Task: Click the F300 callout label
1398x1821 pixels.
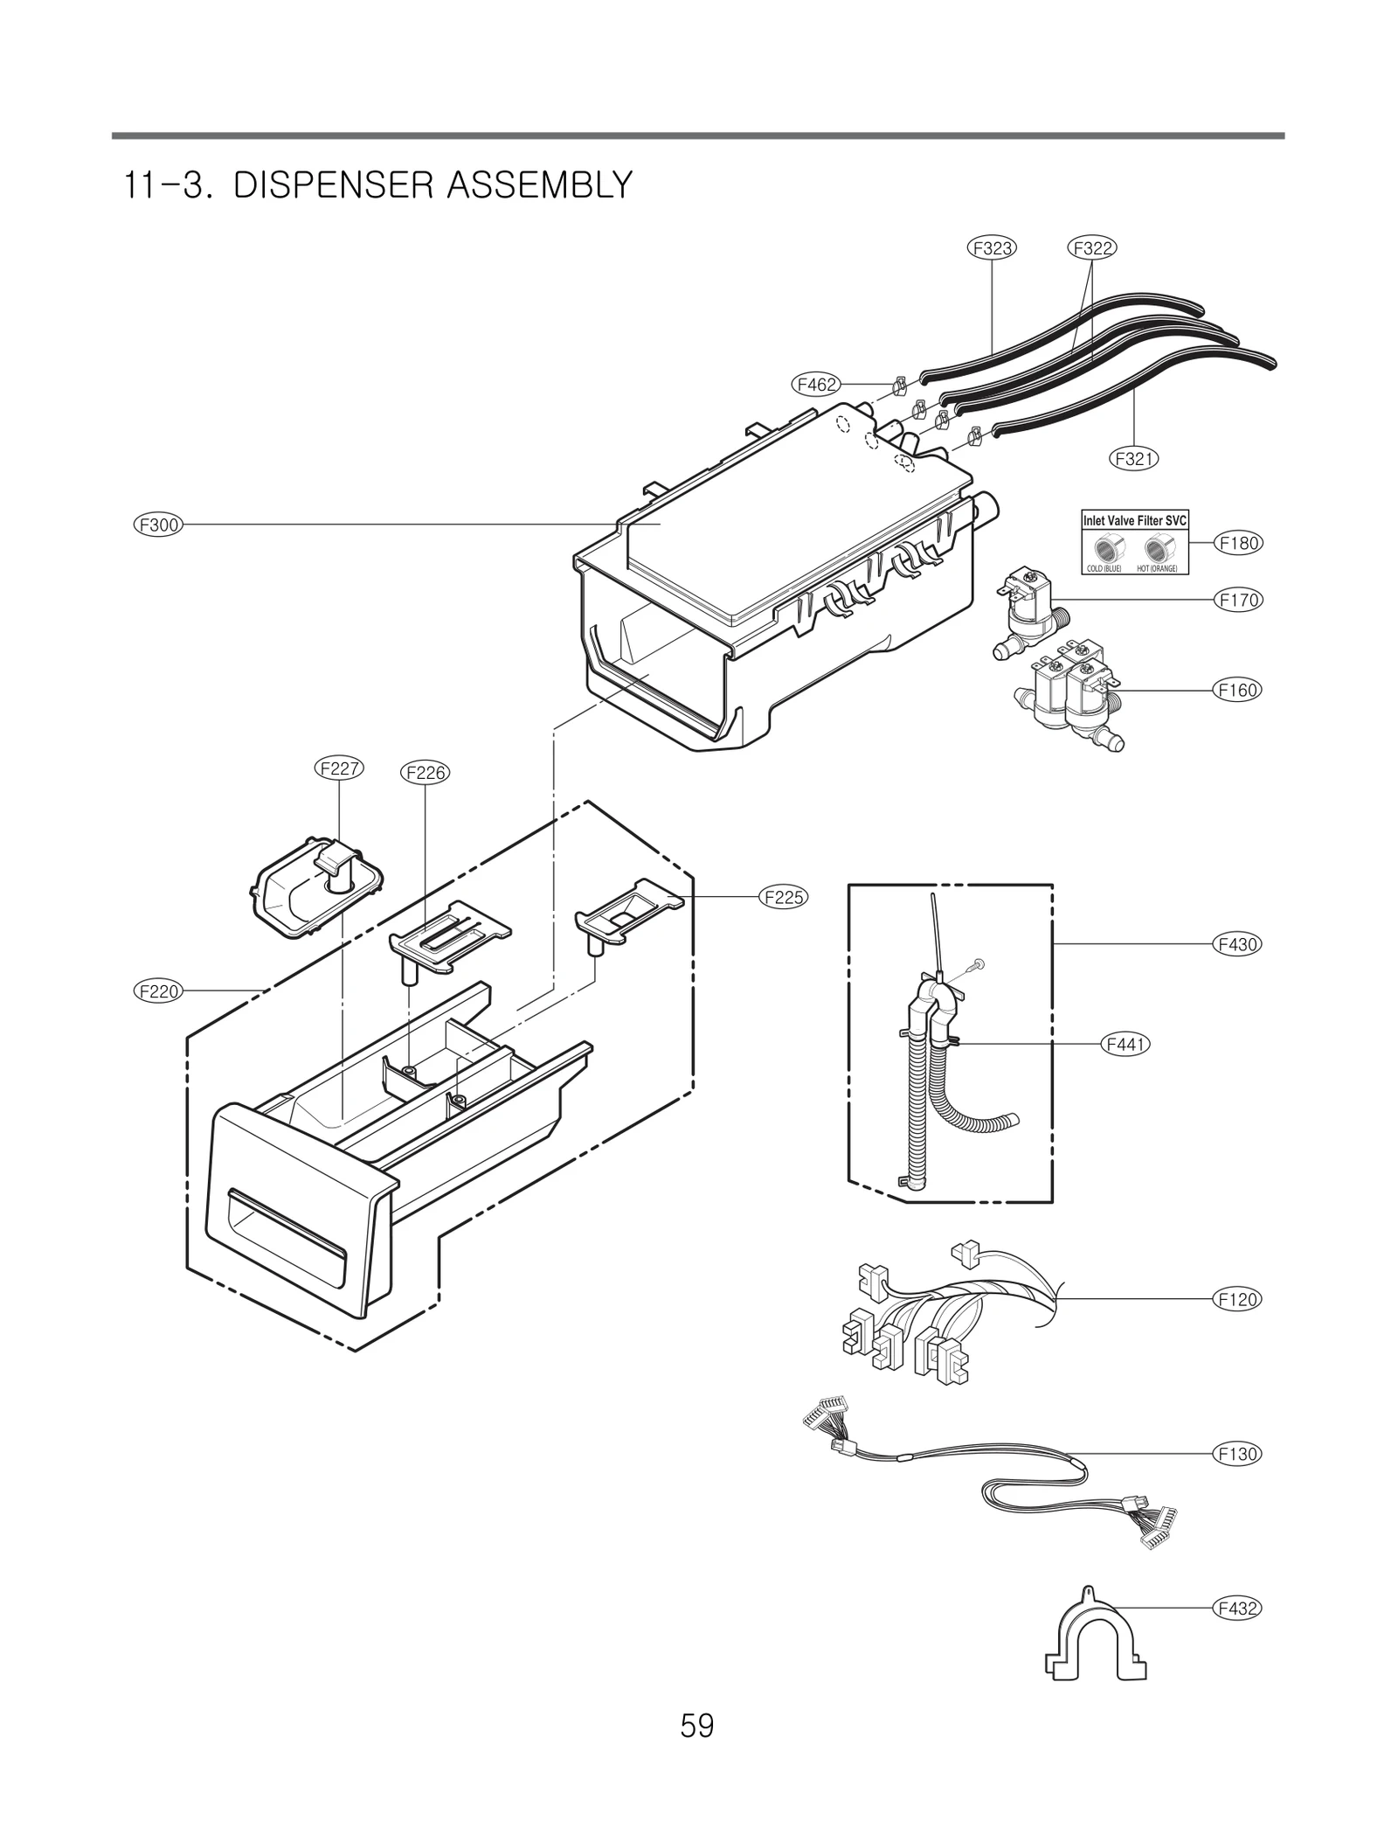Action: [x=157, y=525]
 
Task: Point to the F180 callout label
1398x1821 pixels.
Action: [x=1239, y=543]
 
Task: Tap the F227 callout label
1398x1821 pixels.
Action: [x=338, y=768]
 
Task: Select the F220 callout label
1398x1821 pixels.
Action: [x=157, y=991]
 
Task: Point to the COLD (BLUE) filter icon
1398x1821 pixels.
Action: [x=1106, y=550]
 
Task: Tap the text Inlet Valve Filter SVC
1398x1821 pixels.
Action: [x=1134, y=521]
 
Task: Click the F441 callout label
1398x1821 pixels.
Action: [x=1125, y=1044]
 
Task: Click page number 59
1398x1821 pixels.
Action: [x=697, y=1750]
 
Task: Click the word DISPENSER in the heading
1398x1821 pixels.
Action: [x=332, y=185]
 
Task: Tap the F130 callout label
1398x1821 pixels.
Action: [x=1239, y=1454]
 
